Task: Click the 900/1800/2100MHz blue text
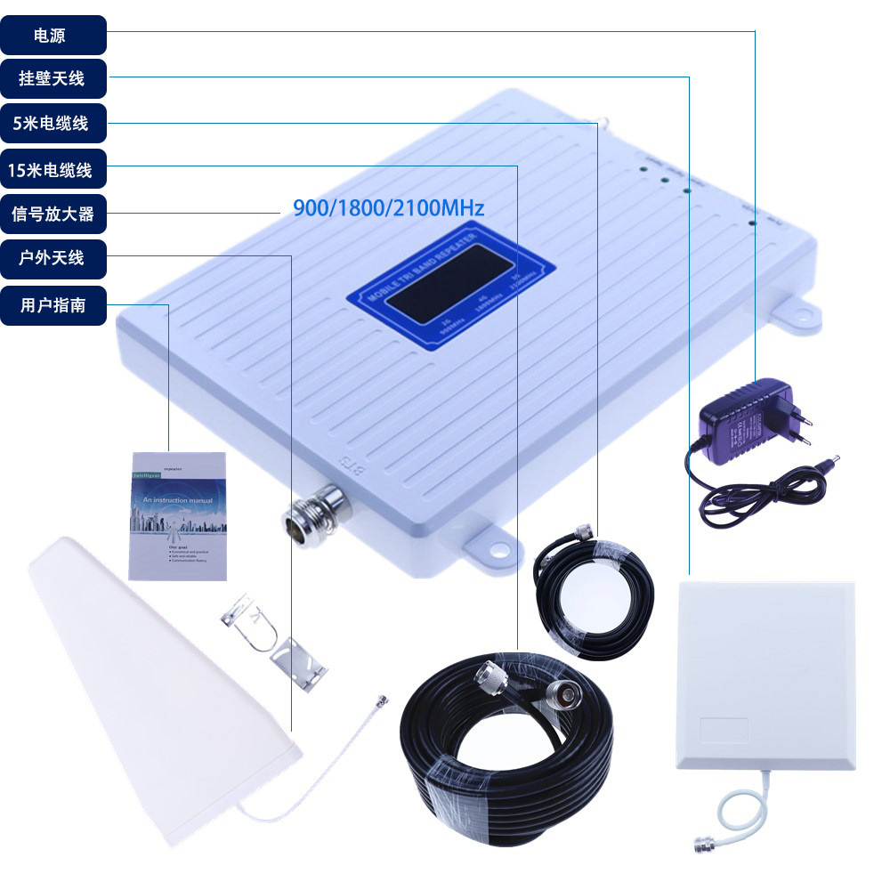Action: point(389,209)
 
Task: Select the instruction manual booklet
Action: point(178,516)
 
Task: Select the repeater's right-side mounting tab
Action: point(795,311)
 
